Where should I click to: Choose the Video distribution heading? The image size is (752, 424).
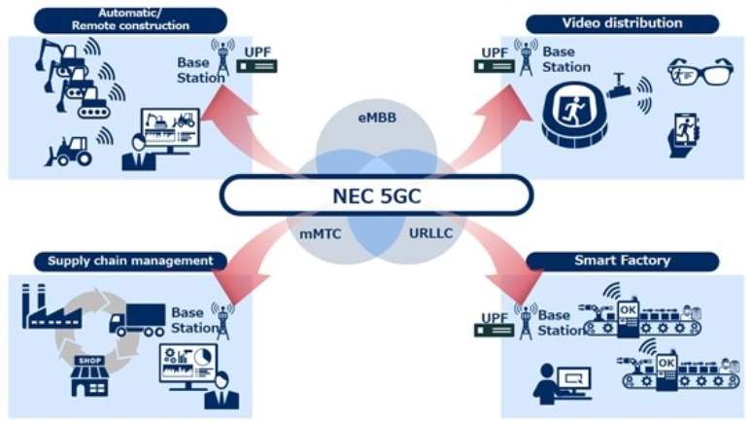pos(622,21)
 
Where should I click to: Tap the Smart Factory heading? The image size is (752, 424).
pos(621,261)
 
